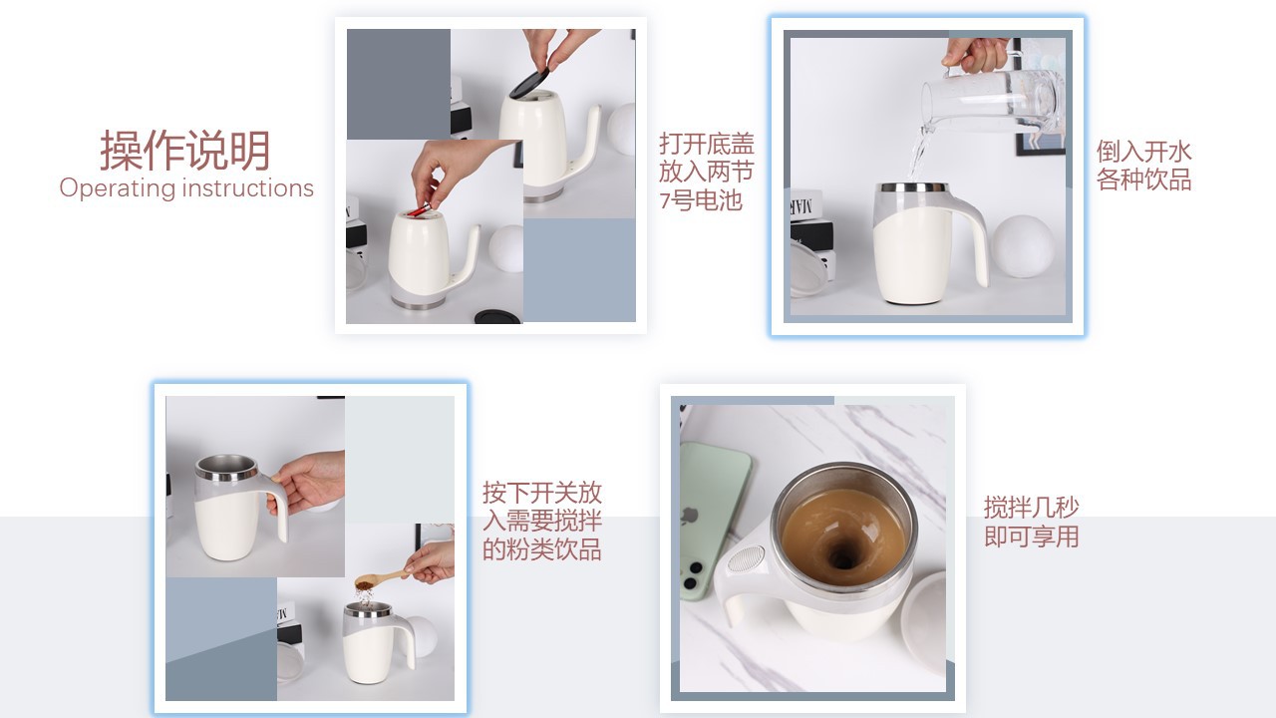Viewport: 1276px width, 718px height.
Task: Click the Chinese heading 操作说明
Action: click(x=185, y=151)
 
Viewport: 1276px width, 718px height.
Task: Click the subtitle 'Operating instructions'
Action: click(x=186, y=188)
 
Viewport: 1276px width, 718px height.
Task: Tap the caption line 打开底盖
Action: click(x=707, y=144)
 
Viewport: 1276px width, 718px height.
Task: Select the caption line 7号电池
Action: click(x=701, y=200)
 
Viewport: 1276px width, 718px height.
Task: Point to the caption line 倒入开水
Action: click(x=1143, y=152)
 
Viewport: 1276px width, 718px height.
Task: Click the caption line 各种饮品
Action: click(x=1143, y=180)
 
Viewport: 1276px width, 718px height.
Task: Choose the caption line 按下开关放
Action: click(x=542, y=493)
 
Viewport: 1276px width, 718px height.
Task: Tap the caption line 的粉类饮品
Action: click(x=542, y=549)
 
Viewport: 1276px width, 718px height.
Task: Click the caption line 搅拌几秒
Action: click(x=1031, y=508)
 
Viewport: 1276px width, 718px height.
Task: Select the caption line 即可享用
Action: click(x=1031, y=537)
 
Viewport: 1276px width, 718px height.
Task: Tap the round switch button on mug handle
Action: click(x=747, y=558)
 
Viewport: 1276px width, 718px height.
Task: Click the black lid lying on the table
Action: click(x=497, y=316)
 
